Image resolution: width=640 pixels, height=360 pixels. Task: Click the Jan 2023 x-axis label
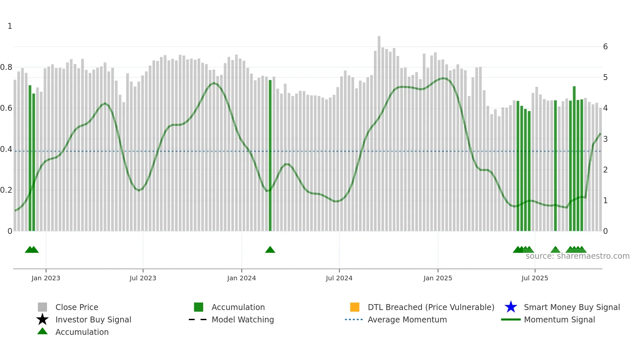pyautogui.click(x=46, y=278)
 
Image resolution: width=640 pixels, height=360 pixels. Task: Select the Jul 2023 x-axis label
pyautogui.click(x=143, y=278)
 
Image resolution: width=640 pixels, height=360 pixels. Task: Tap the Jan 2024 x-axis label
pyautogui.click(x=241, y=278)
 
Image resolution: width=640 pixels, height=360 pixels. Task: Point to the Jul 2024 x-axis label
pyautogui.click(x=339, y=278)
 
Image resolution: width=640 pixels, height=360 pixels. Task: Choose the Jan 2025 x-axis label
pyautogui.click(x=438, y=278)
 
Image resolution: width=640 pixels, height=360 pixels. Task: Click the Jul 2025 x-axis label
pyautogui.click(x=535, y=278)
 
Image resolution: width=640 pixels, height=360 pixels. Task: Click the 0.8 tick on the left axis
pyautogui.click(x=6, y=67)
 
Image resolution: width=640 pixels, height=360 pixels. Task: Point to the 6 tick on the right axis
pyautogui.click(x=605, y=47)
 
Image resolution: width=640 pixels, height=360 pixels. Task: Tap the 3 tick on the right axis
pyautogui.click(x=605, y=139)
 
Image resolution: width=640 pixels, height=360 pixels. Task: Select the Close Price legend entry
pyautogui.click(x=77, y=307)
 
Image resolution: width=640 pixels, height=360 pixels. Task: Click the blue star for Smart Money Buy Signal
pyautogui.click(x=511, y=307)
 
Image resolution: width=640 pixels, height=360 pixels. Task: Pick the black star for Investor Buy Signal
pyautogui.click(x=42, y=319)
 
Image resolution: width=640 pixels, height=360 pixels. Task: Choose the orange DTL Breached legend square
pyautogui.click(x=355, y=307)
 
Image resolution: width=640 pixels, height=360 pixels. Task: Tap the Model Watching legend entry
pyautogui.click(x=243, y=319)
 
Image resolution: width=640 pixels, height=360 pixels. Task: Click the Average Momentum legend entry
pyautogui.click(x=407, y=319)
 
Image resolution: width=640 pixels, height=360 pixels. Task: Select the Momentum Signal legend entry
pyautogui.click(x=559, y=319)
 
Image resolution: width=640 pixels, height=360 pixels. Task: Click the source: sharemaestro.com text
pyautogui.click(x=577, y=256)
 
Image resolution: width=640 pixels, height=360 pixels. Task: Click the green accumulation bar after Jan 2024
pyautogui.click(x=270, y=157)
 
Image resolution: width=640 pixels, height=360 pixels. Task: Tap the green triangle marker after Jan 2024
pyautogui.click(x=270, y=250)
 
